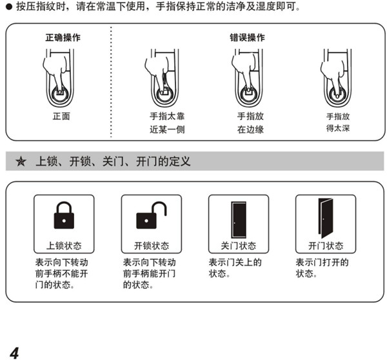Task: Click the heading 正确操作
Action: click(62, 37)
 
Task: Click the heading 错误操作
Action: click(247, 37)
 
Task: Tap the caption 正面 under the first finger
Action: click(62, 116)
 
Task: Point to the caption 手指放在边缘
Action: click(250, 123)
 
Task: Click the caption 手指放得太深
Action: click(337, 123)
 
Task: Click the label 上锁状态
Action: click(64, 246)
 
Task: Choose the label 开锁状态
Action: click(152, 246)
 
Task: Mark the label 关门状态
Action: click(238, 246)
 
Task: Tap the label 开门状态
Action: click(326, 246)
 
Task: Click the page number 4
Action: click(14, 351)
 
